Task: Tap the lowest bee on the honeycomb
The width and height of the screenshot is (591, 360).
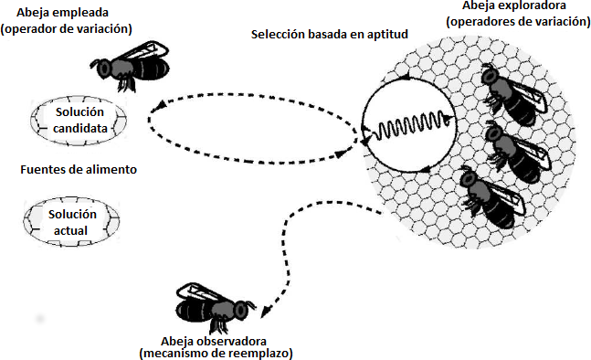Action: [494, 197]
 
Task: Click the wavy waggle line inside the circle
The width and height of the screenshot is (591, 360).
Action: [407, 123]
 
